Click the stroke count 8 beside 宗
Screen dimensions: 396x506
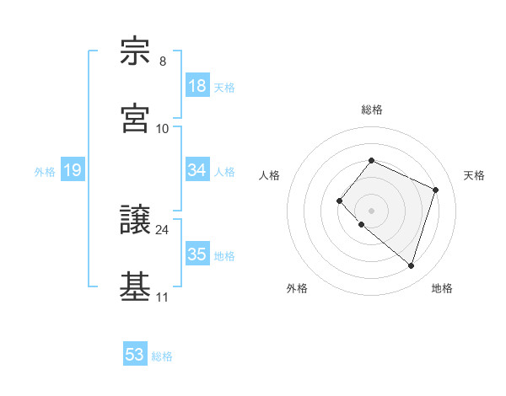[163, 62]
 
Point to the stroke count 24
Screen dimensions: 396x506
[163, 229]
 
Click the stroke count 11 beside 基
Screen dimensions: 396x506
[163, 297]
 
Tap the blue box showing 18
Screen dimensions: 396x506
[197, 86]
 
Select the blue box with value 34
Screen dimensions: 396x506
[197, 170]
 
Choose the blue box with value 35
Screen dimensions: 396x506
[197, 254]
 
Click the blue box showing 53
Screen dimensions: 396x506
[135, 355]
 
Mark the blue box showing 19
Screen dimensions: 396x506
[73, 171]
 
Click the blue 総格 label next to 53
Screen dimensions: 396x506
[162, 356]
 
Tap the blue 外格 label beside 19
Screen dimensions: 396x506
[45, 172]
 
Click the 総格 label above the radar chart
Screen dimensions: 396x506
[371, 110]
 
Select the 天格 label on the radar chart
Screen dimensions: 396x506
[474, 175]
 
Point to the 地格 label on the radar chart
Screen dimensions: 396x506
[442, 288]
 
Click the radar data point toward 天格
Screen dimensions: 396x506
[436, 190]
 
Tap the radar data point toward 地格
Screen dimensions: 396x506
[411, 265]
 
